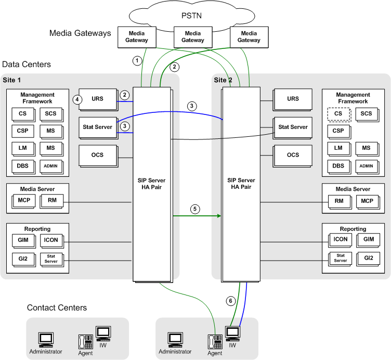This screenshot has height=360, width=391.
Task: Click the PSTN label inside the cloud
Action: [x=191, y=15]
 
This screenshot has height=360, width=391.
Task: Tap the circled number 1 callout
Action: [x=137, y=60]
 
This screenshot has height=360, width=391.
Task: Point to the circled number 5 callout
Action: [x=195, y=209]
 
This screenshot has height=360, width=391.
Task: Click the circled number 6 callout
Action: [x=231, y=301]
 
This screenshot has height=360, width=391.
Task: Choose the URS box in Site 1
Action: [x=97, y=98]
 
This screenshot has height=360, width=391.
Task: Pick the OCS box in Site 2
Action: [x=293, y=155]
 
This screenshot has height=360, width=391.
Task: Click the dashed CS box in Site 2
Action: [x=338, y=114]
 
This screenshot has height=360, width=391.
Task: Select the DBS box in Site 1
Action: [x=22, y=166]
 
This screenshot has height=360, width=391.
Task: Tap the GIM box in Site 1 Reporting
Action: [x=22, y=240]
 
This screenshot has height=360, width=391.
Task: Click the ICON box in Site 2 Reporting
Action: [x=340, y=240]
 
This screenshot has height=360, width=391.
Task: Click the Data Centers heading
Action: [x=27, y=65]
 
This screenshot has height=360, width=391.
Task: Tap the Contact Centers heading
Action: [x=57, y=308]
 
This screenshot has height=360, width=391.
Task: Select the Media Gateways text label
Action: [x=80, y=33]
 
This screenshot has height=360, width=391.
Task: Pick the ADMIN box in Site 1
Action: [x=51, y=166]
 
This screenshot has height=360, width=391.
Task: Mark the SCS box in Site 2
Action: [x=367, y=114]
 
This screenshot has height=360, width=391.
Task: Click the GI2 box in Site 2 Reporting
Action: [x=368, y=258]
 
